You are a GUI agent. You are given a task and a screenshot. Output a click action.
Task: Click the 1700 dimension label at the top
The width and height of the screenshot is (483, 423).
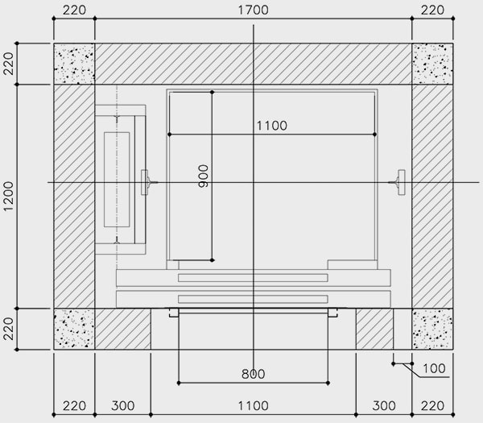(254, 10)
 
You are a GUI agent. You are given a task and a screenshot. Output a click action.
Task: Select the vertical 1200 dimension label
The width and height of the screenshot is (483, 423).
(9, 196)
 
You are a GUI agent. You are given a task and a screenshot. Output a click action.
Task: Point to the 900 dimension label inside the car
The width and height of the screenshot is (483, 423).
(204, 176)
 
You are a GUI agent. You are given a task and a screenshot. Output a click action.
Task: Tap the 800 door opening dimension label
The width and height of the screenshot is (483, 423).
(254, 374)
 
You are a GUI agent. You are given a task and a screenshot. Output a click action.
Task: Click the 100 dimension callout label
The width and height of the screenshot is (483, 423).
(434, 368)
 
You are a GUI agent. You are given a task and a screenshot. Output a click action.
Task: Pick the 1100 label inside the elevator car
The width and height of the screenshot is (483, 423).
(272, 126)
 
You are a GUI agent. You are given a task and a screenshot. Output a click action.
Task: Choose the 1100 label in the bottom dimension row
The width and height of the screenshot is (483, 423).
(254, 406)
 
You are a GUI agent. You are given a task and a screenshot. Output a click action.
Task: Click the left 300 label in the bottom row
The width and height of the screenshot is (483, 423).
(122, 406)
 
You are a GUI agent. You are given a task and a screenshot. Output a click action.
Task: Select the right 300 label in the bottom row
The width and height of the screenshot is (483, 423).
(384, 406)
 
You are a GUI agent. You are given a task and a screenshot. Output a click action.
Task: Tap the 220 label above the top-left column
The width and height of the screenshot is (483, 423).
(74, 10)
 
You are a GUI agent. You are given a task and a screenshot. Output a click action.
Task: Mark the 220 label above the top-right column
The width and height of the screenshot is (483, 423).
(432, 10)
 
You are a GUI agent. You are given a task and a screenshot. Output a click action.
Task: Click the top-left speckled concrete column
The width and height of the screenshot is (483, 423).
(74, 64)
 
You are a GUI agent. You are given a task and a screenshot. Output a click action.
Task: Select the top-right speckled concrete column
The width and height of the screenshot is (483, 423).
(432, 64)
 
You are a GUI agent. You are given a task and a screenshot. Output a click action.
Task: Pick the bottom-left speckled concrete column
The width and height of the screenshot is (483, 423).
(74, 329)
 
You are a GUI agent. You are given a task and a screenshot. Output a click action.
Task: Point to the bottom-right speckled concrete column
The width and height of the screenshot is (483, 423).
(432, 329)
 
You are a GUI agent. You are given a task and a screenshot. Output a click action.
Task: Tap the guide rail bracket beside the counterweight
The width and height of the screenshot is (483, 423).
(149, 183)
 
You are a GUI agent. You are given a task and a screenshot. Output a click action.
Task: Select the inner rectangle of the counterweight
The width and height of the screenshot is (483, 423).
(117, 180)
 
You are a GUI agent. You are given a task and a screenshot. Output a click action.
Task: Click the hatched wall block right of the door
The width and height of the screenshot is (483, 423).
(374, 329)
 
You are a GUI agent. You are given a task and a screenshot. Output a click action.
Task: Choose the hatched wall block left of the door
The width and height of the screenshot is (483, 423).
(123, 329)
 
